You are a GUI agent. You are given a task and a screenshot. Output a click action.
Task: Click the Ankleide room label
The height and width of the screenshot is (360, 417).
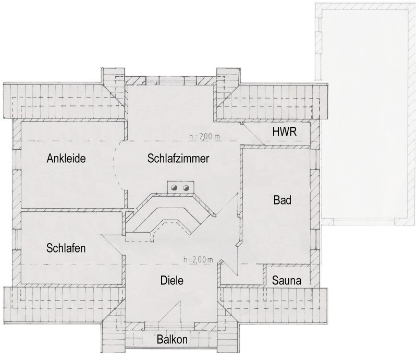click(x=66, y=159)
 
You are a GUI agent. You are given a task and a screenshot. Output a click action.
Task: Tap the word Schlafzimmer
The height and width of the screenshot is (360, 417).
click(x=178, y=159)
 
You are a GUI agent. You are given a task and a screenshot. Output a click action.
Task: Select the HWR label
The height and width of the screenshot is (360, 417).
click(x=284, y=131)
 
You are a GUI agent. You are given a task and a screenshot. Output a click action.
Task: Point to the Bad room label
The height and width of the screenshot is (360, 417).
click(x=283, y=200)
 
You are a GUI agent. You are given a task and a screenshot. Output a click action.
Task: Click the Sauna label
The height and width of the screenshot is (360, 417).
click(x=287, y=280)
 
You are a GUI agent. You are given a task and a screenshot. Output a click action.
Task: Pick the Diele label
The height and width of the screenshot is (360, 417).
click(x=172, y=280)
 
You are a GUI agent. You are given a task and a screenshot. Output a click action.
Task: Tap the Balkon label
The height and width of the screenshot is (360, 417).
click(x=172, y=340)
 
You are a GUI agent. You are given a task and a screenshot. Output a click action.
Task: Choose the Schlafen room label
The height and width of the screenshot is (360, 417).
click(x=66, y=248)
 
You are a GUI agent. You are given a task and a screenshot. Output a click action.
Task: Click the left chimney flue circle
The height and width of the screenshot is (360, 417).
click(x=175, y=188)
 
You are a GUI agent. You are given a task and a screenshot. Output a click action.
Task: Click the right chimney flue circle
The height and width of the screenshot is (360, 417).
click(x=186, y=188)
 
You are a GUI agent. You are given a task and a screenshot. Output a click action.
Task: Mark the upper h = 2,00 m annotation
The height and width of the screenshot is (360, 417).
click(x=204, y=137)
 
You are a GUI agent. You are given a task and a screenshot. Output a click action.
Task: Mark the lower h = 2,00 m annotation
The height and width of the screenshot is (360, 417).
click(x=198, y=260)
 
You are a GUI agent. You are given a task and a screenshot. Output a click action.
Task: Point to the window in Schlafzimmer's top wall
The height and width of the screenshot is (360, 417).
click(x=171, y=80)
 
